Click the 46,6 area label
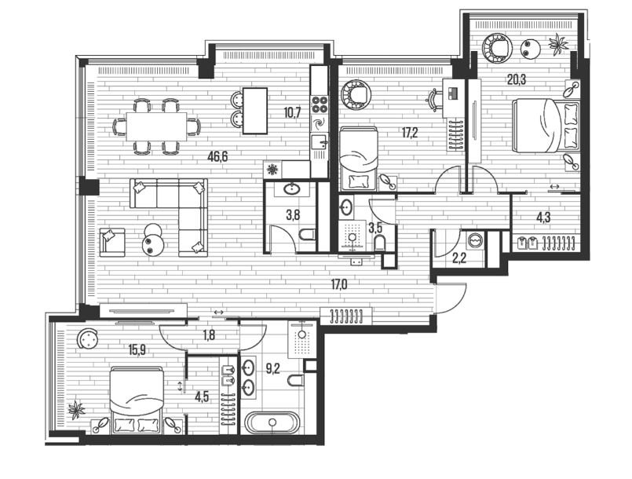pos(217,156)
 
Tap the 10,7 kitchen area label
pos(292,112)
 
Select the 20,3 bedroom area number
pos(517,80)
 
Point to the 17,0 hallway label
pos(339,285)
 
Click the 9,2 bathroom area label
pos(273,368)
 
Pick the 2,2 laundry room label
pos(459,258)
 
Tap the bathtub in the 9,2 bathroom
pos(272,422)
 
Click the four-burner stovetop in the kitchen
pos(320,104)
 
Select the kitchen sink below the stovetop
pos(320,142)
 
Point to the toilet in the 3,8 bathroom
pos(308,234)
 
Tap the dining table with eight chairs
pos(156,126)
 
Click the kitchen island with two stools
pos(250,111)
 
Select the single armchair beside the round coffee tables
pos(112,242)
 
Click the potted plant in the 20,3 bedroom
pos(559,43)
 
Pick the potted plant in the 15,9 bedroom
pos(76,411)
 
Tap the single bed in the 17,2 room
pos(359,159)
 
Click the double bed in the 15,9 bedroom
pos(137,400)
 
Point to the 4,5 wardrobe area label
pos(202,397)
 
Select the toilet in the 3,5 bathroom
pos(379,243)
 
